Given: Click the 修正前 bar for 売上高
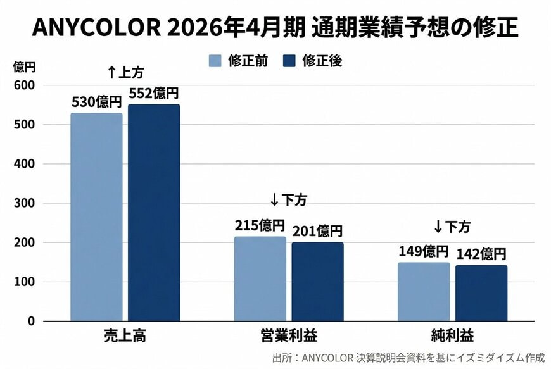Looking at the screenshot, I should (x=96, y=217).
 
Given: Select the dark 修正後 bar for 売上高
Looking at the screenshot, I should (x=154, y=213).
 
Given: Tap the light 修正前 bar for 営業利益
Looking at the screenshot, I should (x=260, y=279).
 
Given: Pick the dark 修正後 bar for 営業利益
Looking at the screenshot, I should (x=317, y=282).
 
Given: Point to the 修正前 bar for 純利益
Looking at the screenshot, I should (x=424, y=292).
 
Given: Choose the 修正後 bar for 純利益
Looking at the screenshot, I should (x=481, y=293).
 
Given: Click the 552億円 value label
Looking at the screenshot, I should (x=154, y=94).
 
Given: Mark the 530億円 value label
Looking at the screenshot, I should (x=96, y=102).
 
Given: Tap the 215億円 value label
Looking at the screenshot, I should (x=260, y=225).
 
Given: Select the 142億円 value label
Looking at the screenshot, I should (x=481, y=254).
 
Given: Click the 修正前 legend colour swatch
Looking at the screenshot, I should (x=215, y=61).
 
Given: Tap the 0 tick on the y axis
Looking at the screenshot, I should (x=30, y=321).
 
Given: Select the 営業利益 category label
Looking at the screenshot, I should (x=289, y=336).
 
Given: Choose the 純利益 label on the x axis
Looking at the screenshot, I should (x=452, y=336).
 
